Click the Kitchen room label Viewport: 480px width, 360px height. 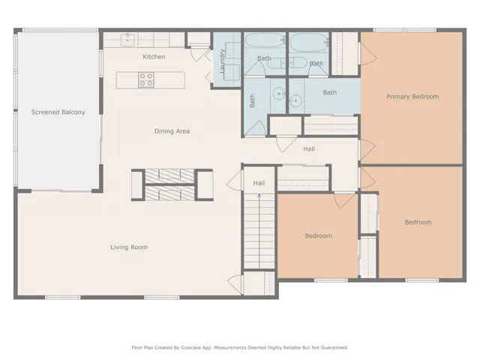pyautogui.click(x=154, y=57)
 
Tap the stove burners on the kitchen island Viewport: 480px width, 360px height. pyautogui.click(x=146, y=79)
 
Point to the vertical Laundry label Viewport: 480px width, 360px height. pyautogui.click(x=223, y=58)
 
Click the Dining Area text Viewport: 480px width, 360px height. pyautogui.click(x=172, y=131)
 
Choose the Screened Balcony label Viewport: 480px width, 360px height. pyautogui.click(x=58, y=112)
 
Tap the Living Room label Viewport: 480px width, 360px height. pyautogui.click(x=129, y=247)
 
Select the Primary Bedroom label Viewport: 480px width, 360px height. pyautogui.click(x=412, y=97)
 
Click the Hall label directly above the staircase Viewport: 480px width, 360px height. pyautogui.click(x=259, y=183)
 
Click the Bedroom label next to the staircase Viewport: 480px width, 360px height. pyautogui.click(x=318, y=236)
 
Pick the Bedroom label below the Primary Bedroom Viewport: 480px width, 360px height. pyautogui.click(x=418, y=222)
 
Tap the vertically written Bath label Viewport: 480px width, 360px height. pyautogui.click(x=253, y=100)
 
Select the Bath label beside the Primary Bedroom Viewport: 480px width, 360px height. pyautogui.click(x=329, y=92)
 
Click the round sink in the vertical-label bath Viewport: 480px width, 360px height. pyautogui.click(x=278, y=94)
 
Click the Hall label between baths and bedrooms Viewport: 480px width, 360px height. pyautogui.click(x=309, y=149)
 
